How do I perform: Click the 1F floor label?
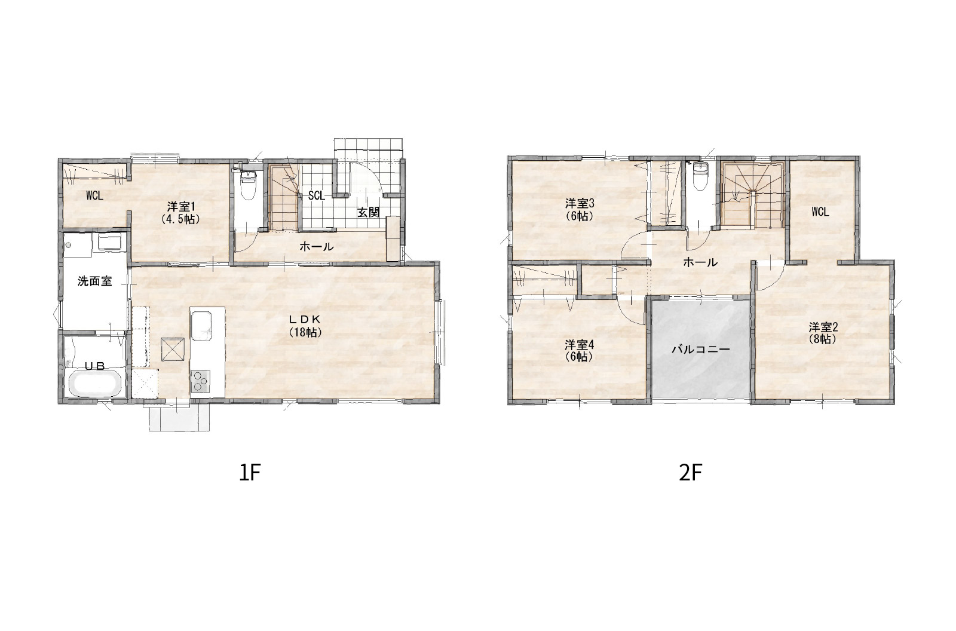pyautogui.click(x=249, y=473)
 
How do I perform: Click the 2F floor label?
pyautogui.click(x=691, y=473)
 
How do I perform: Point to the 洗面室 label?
pyautogui.click(x=95, y=281)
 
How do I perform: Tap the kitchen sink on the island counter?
pyautogui.click(x=201, y=325)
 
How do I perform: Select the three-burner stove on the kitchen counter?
pyautogui.click(x=201, y=381)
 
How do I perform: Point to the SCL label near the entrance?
pyautogui.click(x=316, y=196)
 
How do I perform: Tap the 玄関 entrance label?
pyautogui.click(x=368, y=213)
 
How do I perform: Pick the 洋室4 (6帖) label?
pyautogui.click(x=579, y=350)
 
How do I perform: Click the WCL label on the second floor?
pyautogui.click(x=820, y=212)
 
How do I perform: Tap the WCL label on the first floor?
pyautogui.click(x=94, y=196)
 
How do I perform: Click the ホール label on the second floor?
pyautogui.click(x=700, y=262)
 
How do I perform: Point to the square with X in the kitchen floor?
pyautogui.click(x=173, y=349)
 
